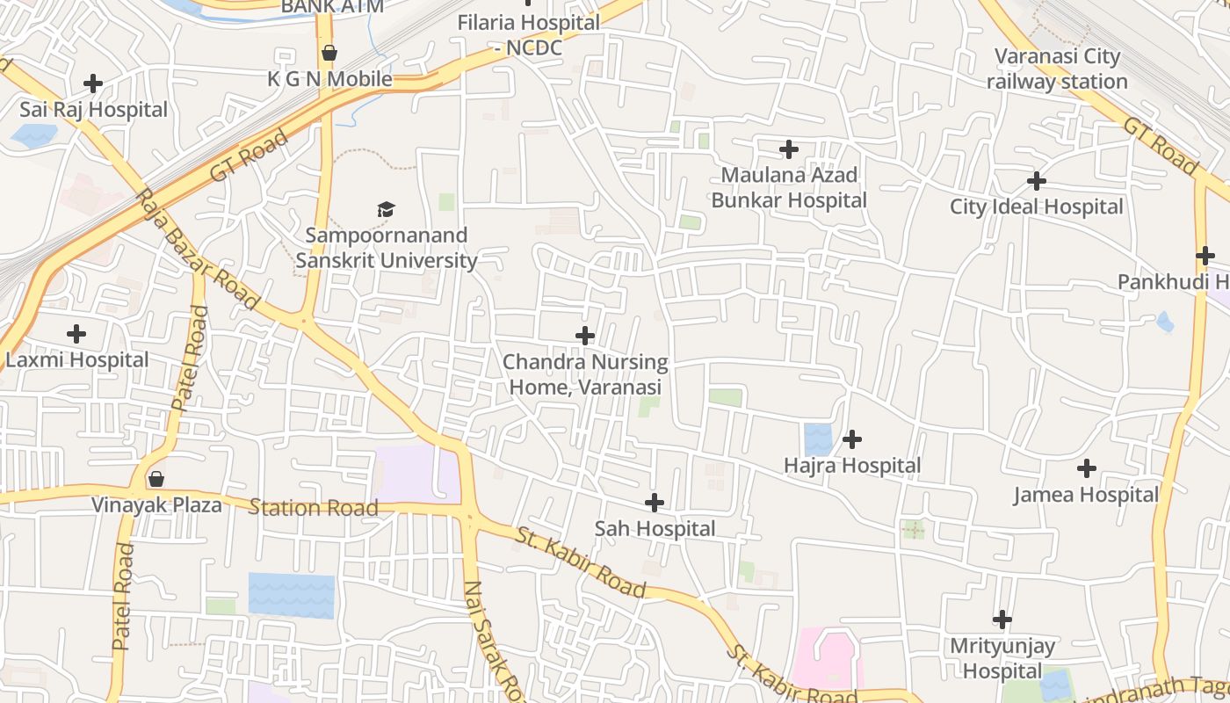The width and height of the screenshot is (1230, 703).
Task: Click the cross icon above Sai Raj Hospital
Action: coord(92,83)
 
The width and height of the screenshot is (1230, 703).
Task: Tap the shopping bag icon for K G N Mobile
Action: coord(329,54)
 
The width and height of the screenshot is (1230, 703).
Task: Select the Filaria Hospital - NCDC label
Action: coord(528,35)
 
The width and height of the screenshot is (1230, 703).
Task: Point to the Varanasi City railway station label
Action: coord(1057,69)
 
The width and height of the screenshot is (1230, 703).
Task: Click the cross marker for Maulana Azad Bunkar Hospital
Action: coord(789,149)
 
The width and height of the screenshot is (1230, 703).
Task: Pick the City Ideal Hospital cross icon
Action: coord(1037,181)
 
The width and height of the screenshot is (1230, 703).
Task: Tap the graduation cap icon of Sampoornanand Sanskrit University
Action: coord(386,209)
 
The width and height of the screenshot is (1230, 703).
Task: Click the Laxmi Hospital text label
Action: coord(77,360)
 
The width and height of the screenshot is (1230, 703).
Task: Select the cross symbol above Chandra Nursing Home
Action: coord(585,336)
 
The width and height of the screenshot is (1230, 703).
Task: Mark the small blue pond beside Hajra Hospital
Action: coord(818,439)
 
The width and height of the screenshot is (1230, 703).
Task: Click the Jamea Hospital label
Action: coord(1086,495)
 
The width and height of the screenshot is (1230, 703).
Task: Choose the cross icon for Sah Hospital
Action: coord(655,503)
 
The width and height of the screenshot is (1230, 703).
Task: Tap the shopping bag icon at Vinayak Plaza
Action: coord(156,479)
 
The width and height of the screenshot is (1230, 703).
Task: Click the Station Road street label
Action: coord(314,507)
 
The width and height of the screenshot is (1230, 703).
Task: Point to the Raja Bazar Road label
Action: coord(199,250)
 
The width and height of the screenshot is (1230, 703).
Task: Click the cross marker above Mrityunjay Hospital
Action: coord(1002,620)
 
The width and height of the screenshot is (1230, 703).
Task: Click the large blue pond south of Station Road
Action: coord(291,595)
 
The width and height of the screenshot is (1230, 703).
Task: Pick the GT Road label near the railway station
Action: coord(1159,146)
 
